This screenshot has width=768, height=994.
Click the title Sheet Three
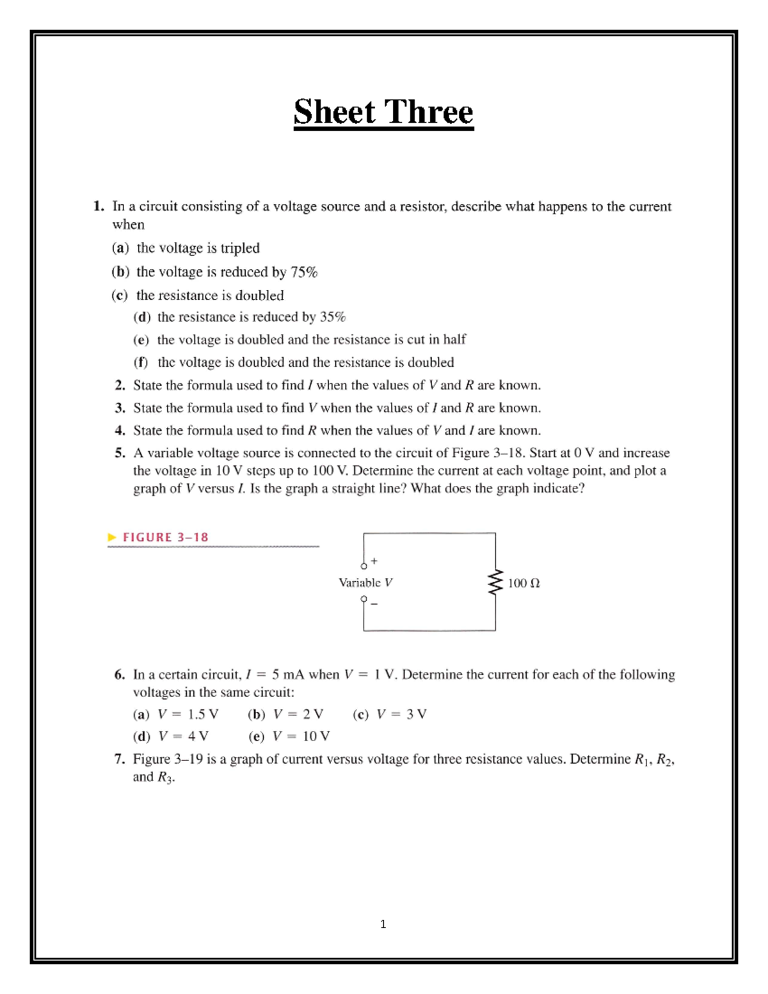(383, 112)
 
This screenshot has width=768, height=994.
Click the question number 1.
(98, 206)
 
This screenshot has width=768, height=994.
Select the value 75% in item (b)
(304, 272)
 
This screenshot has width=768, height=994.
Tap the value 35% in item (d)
(332, 317)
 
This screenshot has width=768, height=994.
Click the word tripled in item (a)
(240, 248)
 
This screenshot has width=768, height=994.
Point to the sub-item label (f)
(141, 362)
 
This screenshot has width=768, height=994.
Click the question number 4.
(120, 430)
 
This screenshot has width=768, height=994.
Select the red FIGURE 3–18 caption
(165, 537)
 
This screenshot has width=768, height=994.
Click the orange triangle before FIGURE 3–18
(112, 537)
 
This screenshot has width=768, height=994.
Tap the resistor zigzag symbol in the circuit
(495, 583)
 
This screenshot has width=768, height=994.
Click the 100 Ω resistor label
(524, 583)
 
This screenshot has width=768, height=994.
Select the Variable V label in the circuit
(365, 582)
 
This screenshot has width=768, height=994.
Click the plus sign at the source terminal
(374, 561)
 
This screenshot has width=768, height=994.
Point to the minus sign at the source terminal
(374, 603)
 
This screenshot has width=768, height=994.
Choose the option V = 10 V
(301, 736)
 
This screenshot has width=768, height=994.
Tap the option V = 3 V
(401, 714)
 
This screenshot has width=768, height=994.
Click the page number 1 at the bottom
(383, 924)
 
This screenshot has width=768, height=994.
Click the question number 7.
(119, 759)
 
